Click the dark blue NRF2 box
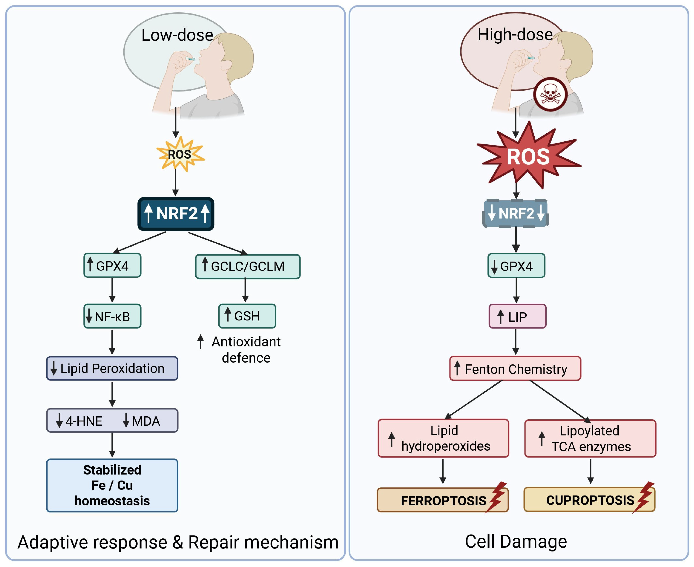pos(176,214)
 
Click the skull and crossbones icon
pos(550,94)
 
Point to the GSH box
pos(247,316)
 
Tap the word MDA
pos(146,421)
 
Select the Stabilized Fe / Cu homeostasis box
pos(112,485)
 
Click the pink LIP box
pos(517,316)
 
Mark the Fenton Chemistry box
pos(515,369)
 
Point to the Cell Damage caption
pos(515,542)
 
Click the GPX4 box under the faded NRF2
pos(516,266)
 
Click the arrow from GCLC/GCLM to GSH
pos(245,291)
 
